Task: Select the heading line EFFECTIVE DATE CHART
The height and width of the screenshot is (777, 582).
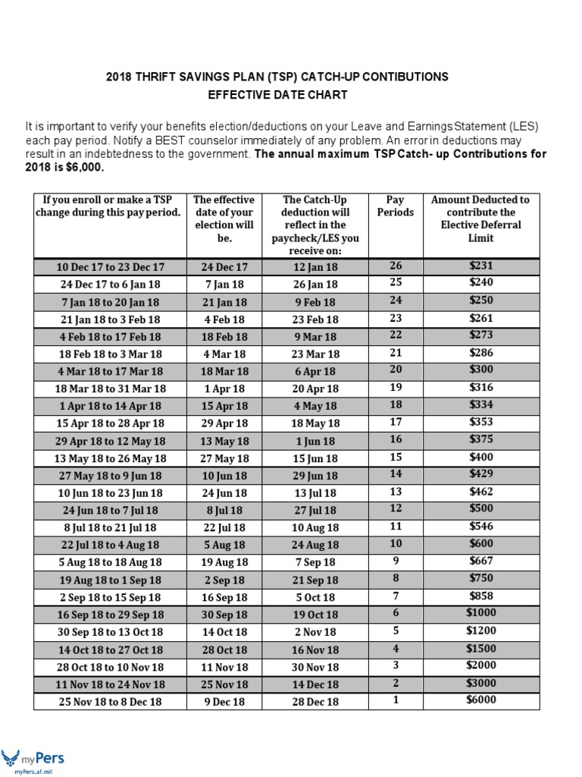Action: click(277, 95)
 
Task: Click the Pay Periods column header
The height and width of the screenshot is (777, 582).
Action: click(395, 206)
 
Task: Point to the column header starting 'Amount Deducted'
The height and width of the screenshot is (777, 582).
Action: click(480, 219)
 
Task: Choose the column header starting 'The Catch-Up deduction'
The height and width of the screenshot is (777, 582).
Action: click(314, 225)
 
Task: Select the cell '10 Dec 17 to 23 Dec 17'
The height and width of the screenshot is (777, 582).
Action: click(110, 267)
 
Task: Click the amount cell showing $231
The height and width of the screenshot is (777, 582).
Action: click(480, 266)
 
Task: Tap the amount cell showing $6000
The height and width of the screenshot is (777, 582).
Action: click(480, 700)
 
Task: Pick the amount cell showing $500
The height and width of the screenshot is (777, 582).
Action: click(480, 508)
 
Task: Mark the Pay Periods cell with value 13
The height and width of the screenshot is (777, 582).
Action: click(395, 492)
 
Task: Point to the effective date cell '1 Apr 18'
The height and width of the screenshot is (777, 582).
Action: click(224, 388)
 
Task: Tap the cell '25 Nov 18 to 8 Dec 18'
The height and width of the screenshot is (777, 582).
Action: click(110, 702)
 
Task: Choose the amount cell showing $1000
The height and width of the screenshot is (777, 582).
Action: click(480, 613)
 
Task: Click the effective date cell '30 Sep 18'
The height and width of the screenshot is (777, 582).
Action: click(224, 615)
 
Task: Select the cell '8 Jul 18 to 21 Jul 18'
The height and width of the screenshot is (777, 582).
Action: click(110, 527)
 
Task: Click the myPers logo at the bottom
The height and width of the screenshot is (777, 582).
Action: click(33, 759)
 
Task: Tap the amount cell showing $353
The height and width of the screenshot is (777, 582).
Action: click(480, 422)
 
